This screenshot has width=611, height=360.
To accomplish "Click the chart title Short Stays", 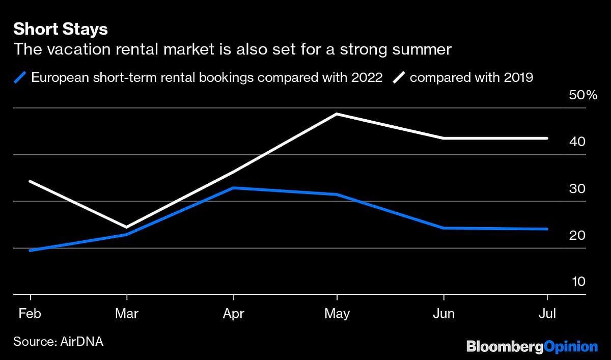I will point(61,29).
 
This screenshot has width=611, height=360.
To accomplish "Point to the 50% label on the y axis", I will point(582,95).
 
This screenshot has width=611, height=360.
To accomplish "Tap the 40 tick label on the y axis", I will point(578,141).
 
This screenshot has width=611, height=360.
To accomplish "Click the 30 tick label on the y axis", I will point(578,188).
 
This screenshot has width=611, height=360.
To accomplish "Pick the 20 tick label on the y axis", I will point(578,235).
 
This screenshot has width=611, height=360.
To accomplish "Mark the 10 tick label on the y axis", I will point(578,282).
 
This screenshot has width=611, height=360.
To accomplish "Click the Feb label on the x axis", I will point(30,314).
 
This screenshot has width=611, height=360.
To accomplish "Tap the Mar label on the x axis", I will point(126,314).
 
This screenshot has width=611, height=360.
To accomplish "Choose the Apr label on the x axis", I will point(233,314).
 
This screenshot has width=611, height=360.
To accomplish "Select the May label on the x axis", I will point(337,314).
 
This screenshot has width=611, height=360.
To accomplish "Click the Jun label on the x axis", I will point(444,314).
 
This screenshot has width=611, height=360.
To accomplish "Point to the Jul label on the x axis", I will point(547,314).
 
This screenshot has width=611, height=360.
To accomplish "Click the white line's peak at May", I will point(337,114).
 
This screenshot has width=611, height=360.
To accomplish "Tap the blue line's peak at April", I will point(233,188).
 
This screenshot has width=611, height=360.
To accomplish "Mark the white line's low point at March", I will point(126,227).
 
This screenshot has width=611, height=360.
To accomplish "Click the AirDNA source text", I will point(59,341).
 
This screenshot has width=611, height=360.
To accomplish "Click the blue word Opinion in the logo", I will point(570,347).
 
